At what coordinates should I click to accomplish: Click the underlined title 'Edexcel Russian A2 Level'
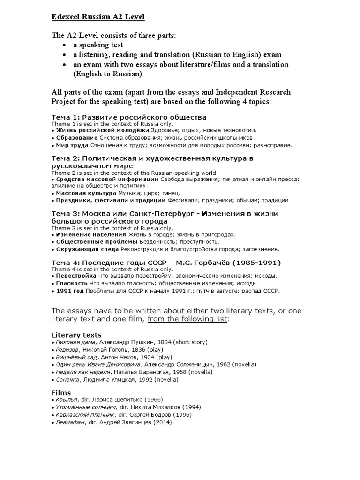pos(97,17)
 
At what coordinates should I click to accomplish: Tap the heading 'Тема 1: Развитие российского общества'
pos(128,117)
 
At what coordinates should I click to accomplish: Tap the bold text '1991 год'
pos(69,291)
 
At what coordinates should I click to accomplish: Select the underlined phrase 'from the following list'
pos(187,319)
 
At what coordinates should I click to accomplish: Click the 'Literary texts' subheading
pos(75,335)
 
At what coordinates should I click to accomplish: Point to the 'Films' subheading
pos(60,392)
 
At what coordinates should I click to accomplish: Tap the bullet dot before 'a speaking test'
pos(64,45)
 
